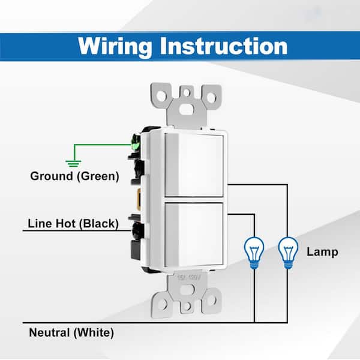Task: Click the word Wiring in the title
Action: click(x=115, y=47)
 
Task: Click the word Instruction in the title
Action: click(x=224, y=46)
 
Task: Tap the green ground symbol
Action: click(x=73, y=164)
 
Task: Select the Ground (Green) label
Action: click(x=74, y=176)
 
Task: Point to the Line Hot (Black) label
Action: click(x=73, y=224)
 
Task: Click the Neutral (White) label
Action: click(x=71, y=332)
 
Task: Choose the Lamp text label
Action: click(x=322, y=252)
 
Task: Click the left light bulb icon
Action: click(x=254, y=253)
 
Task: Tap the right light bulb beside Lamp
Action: click(x=288, y=253)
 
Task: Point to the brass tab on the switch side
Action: click(x=139, y=199)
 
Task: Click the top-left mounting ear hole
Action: click(x=161, y=96)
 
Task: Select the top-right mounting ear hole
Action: click(x=211, y=97)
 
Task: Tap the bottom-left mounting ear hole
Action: click(x=163, y=304)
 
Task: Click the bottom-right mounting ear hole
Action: click(x=211, y=300)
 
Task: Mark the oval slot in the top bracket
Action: click(x=187, y=110)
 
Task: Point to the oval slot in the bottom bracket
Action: click(x=187, y=290)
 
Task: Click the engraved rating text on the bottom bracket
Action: click(x=189, y=277)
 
